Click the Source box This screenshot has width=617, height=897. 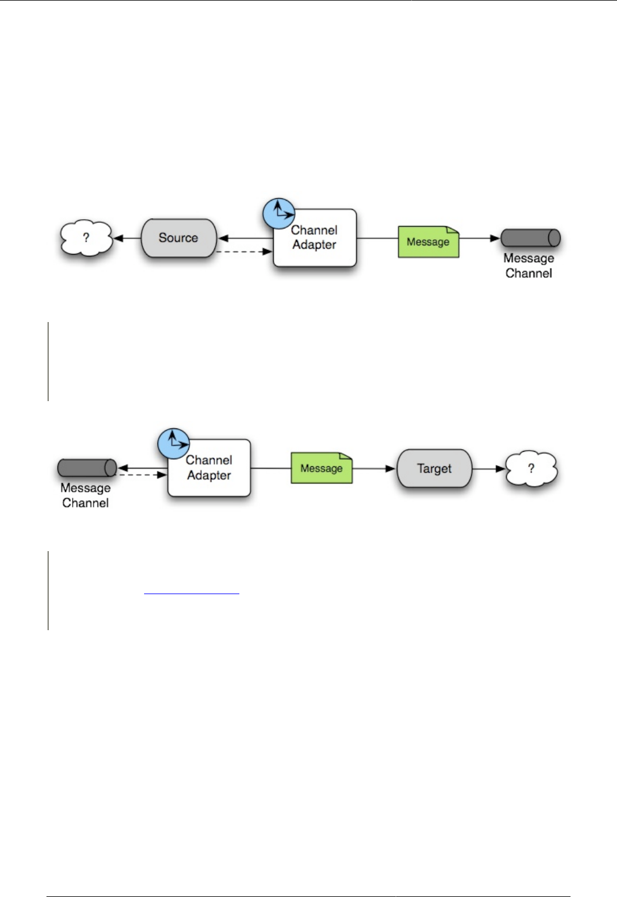(x=178, y=238)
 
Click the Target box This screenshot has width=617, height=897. (x=434, y=469)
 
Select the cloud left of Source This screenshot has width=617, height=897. (x=86, y=238)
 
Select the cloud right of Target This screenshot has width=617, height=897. (x=531, y=469)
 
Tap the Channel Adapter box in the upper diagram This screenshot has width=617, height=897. (x=314, y=238)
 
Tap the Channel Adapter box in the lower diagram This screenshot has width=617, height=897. (x=209, y=469)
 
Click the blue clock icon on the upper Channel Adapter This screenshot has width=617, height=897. (x=278, y=213)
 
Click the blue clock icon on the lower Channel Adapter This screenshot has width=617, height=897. (x=173, y=444)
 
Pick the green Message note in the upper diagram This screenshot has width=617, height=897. (x=428, y=242)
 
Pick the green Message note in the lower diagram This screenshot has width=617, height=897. (x=321, y=468)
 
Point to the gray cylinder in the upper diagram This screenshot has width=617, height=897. (x=530, y=238)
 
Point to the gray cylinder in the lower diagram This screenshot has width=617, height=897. (x=87, y=468)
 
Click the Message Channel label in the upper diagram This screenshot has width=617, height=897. (x=529, y=266)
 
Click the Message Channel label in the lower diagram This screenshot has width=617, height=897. (x=85, y=496)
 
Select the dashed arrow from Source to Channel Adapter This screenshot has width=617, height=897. (x=244, y=252)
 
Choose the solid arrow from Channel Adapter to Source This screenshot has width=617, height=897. (x=245, y=238)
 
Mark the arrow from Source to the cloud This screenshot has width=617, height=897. (x=127, y=238)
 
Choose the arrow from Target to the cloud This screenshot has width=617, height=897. (x=488, y=469)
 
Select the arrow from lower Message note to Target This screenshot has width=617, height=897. (x=374, y=469)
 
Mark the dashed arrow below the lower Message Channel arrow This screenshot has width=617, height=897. (x=143, y=475)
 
